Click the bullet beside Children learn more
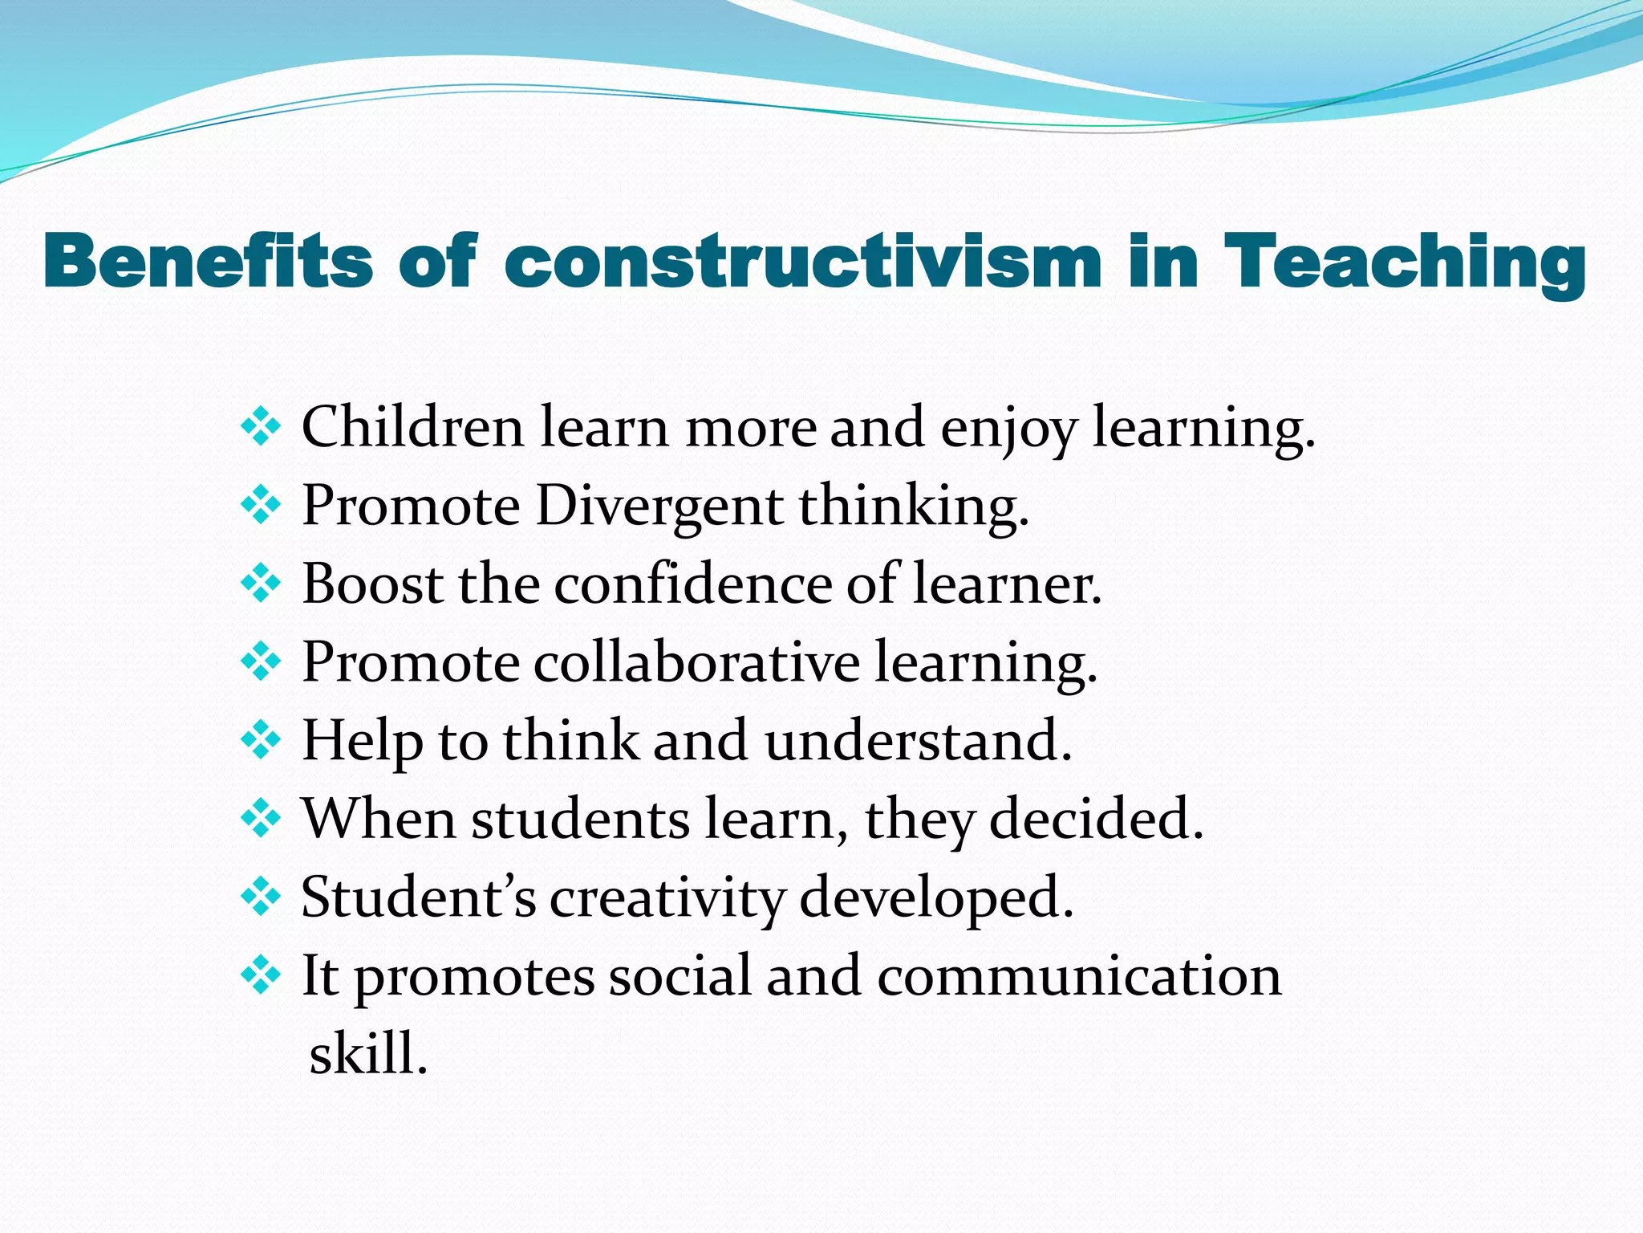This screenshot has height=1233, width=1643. point(261,427)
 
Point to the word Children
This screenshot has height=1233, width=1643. point(412,427)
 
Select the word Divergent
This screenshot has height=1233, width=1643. point(659,506)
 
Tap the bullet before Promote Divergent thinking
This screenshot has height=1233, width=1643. point(261,506)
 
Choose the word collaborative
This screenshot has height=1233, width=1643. point(696,662)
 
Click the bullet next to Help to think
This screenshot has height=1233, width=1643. point(261,741)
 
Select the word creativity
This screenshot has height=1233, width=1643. point(667,897)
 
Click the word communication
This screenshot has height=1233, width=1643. point(1078,976)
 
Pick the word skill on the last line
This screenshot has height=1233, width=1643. point(366,1053)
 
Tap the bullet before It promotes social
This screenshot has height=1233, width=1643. point(261,976)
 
